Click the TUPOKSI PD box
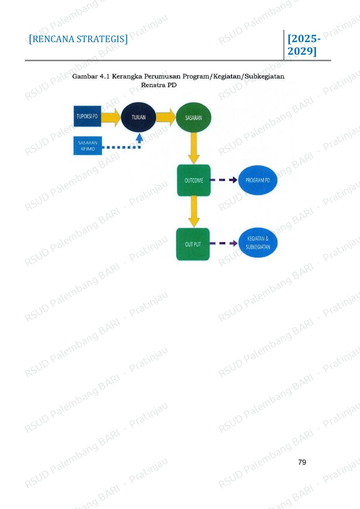click(87, 116)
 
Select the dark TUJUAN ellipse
click(138, 117)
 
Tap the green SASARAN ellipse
click(193, 117)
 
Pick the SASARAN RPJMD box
click(87, 146)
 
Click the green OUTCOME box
click(194, 180)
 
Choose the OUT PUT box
click(193, 244)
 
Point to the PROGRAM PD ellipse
click(257, 180)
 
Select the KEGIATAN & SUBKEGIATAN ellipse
click(258, 243)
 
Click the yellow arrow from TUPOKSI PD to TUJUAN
click(111, 117)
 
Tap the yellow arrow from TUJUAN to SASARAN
click(166, 117)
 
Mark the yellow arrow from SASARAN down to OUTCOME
click(194, 148)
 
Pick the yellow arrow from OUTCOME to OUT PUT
click(194, 211)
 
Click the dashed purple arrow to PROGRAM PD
click(224, 180)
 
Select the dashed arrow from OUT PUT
click(224, 243)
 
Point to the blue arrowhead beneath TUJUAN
click(140, 137)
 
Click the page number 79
click(302, 462)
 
